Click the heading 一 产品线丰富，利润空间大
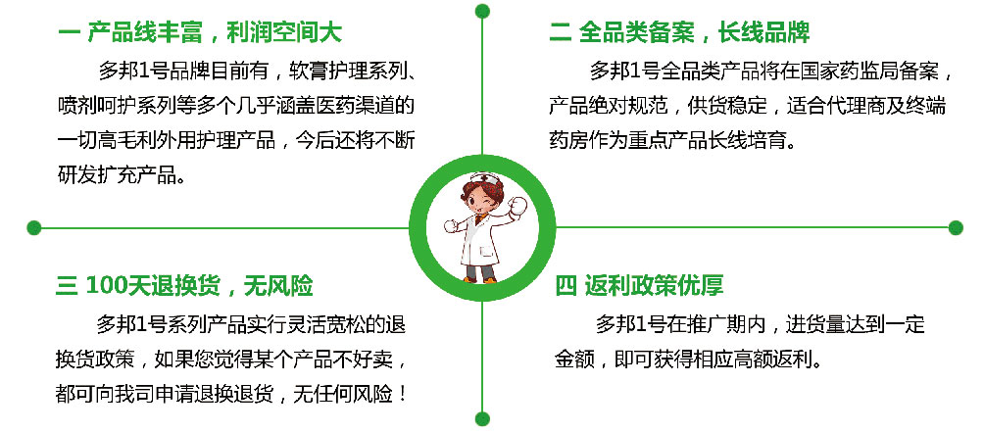[x=200, y=32]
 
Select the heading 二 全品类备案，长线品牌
[x=679, y=32]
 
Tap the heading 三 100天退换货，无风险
[x=184, y=286]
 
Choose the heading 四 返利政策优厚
[x=639, y=286]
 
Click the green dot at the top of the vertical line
[x=482, y=11]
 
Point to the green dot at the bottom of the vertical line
[x=482, y=419]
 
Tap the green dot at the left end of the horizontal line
[x=34, y=227]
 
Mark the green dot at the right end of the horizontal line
[x=956, y=227]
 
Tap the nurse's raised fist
[x=518, y=207]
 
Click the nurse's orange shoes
[x=479, y=279]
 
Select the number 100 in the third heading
[x=107, y=286]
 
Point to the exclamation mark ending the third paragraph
[x=402, y=395]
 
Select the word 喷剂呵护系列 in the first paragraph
[x=118, y=106]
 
